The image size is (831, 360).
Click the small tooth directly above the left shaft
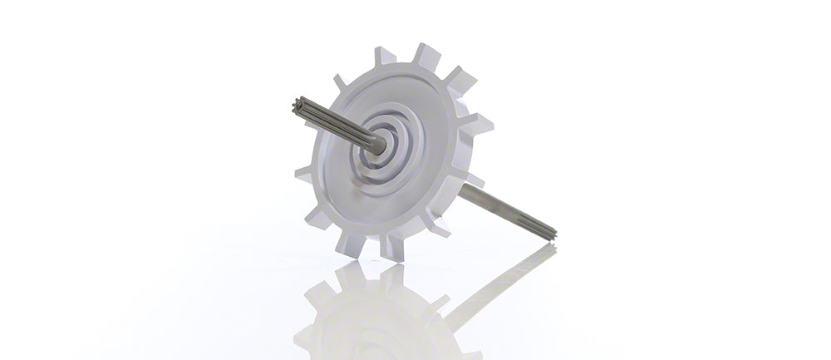click(x=340, y=82)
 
